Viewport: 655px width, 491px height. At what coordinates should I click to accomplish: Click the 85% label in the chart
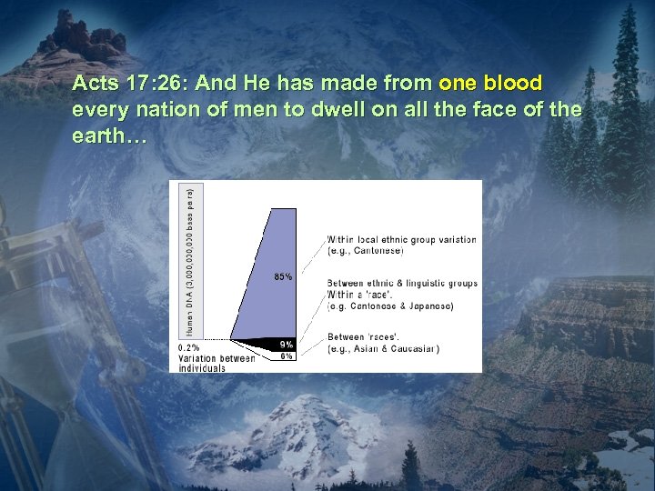pyautogui.click(x=283, y=277)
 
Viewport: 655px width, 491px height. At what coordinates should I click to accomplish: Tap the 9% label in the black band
pyautogui.click(x=287, y=345)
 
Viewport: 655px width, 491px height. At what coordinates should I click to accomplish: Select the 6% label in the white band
pyautogui.click(x=287, y=356)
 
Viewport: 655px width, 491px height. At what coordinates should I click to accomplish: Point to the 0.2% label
pyautogui.click(x=188, y=348)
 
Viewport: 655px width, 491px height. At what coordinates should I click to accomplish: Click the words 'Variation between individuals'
pyautogui.click(x=216, y=363)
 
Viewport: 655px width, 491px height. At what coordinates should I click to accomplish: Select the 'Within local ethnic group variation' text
pyautogui.click(x=401, y=240)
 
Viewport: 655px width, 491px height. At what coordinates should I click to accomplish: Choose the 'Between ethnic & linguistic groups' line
pyautogui.click(x=402, y=284)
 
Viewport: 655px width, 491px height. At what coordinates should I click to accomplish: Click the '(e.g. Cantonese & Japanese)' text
pyautogui.click(x=390, y=306)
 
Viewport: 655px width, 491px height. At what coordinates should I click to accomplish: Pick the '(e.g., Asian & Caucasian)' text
pyautogui.click(x=383, y=348)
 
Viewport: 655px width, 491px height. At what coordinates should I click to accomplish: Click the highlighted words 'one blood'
pyautogui.click(x=490, y=84)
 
